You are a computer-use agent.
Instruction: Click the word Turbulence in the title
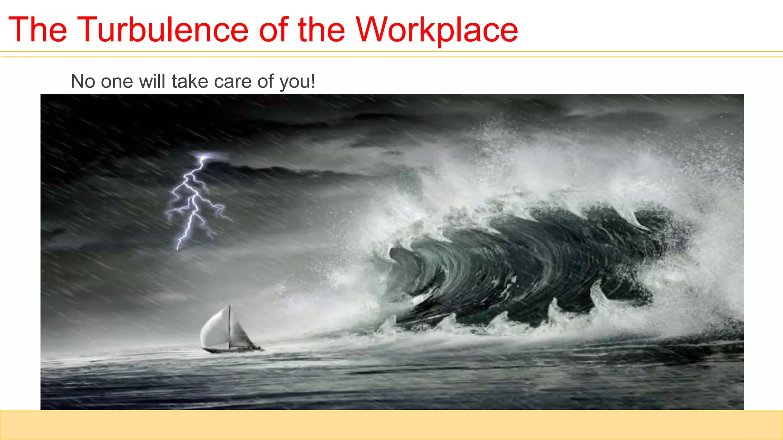pyautogui.click(x=163, y=29)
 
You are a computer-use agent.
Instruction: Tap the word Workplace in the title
pyautogui.click(x=437, y=29)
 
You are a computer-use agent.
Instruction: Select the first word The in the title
pyautogui.click(x=37, y=29)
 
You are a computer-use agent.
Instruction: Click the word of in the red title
pyautogui.click(x=273, y=29)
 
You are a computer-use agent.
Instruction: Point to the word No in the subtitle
pyautogui.click(x=83, y=81)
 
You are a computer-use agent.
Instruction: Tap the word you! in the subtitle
pyautogui.click(x=297, y=82)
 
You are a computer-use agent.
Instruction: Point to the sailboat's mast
pyautogui.click(x=229, y=325)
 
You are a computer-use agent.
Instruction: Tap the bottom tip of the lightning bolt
pyautogui.click(x=177, y=248)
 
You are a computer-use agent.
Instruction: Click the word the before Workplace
pyautogui.click(x=321, y=29)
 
